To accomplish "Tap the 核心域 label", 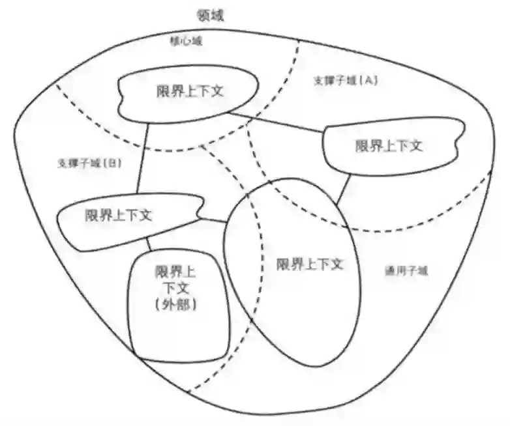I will click(x=186, y=42).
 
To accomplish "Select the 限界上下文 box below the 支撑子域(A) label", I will click(x=388, y=146).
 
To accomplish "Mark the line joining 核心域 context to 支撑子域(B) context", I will click(x=142, y=160).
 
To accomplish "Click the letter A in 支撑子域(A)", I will click(x=368, y=81).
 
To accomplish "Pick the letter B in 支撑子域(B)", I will click(x=113, y=163).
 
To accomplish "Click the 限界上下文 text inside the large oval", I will click(x=309, y=264).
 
